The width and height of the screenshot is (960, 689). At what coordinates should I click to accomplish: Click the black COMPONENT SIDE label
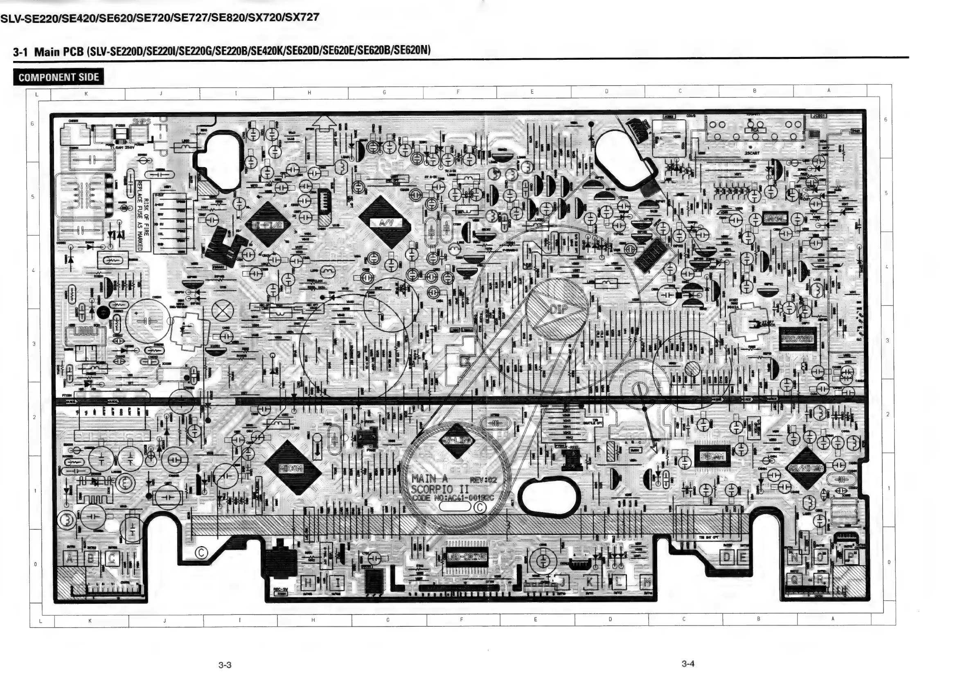click(59, 77)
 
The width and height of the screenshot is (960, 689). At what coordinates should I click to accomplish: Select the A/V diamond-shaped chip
click(384, 222)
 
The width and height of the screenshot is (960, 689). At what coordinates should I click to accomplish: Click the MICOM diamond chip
click(292, 468)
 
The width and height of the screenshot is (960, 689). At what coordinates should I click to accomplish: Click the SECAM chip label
click(712, 456)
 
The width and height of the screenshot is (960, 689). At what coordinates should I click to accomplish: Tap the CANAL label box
click(775, 218)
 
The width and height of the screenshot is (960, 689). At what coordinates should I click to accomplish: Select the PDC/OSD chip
click(796, 340)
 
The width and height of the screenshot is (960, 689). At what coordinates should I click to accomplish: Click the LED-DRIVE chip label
click(467, 557)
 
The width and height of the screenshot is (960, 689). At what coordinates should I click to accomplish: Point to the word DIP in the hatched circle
click(558, 309)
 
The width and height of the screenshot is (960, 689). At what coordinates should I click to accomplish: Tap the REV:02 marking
click(483, 480)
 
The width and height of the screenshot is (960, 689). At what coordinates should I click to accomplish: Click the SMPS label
click(141, 121)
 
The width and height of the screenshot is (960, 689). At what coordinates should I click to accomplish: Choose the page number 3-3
click(225, 665)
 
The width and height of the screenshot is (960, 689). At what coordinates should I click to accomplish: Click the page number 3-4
click(688, 664)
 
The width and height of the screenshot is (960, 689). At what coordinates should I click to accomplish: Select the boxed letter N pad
click(794, 558)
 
